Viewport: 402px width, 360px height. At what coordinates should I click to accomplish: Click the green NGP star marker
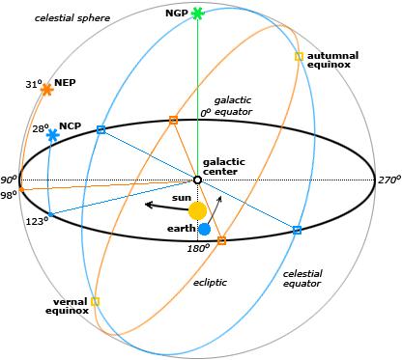[x=197, y=14]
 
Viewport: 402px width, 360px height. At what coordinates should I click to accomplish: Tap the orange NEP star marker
[x=47, y=89]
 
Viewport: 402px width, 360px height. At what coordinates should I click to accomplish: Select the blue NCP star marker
[x=52, y=135]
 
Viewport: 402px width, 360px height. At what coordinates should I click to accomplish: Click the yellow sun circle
[x=197, y=210]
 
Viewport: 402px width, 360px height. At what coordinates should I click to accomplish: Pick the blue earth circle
[x=204, y=229]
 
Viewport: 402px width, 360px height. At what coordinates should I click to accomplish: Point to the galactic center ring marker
[x=197, y=180]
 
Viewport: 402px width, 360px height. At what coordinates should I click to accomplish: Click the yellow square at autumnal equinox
[x=299, y=56]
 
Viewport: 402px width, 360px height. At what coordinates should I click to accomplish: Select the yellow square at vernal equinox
[x=95, y=302]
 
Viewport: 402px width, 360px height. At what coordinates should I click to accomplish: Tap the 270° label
[x=389, y=180]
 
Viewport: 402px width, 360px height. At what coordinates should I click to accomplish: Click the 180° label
[x=198, y=248]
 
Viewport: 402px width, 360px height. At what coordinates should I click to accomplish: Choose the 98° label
[x=9, y=195]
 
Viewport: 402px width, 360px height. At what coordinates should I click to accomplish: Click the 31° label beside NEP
[x=34, y=85]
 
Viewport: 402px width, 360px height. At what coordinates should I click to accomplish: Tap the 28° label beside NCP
[x=41, y=128]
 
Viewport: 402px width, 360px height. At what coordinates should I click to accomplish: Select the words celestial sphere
[x=72, y=18]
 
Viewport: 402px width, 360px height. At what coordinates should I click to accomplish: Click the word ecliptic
[x=210, y=283]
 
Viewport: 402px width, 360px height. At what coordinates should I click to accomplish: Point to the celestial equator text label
[x=302, y=279]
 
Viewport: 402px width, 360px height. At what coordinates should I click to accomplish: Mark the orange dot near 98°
[x=21, y=189]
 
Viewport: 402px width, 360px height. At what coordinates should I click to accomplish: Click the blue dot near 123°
[x=50, y=214]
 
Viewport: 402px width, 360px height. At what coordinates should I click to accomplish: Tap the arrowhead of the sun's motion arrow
[x=149, y=205]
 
